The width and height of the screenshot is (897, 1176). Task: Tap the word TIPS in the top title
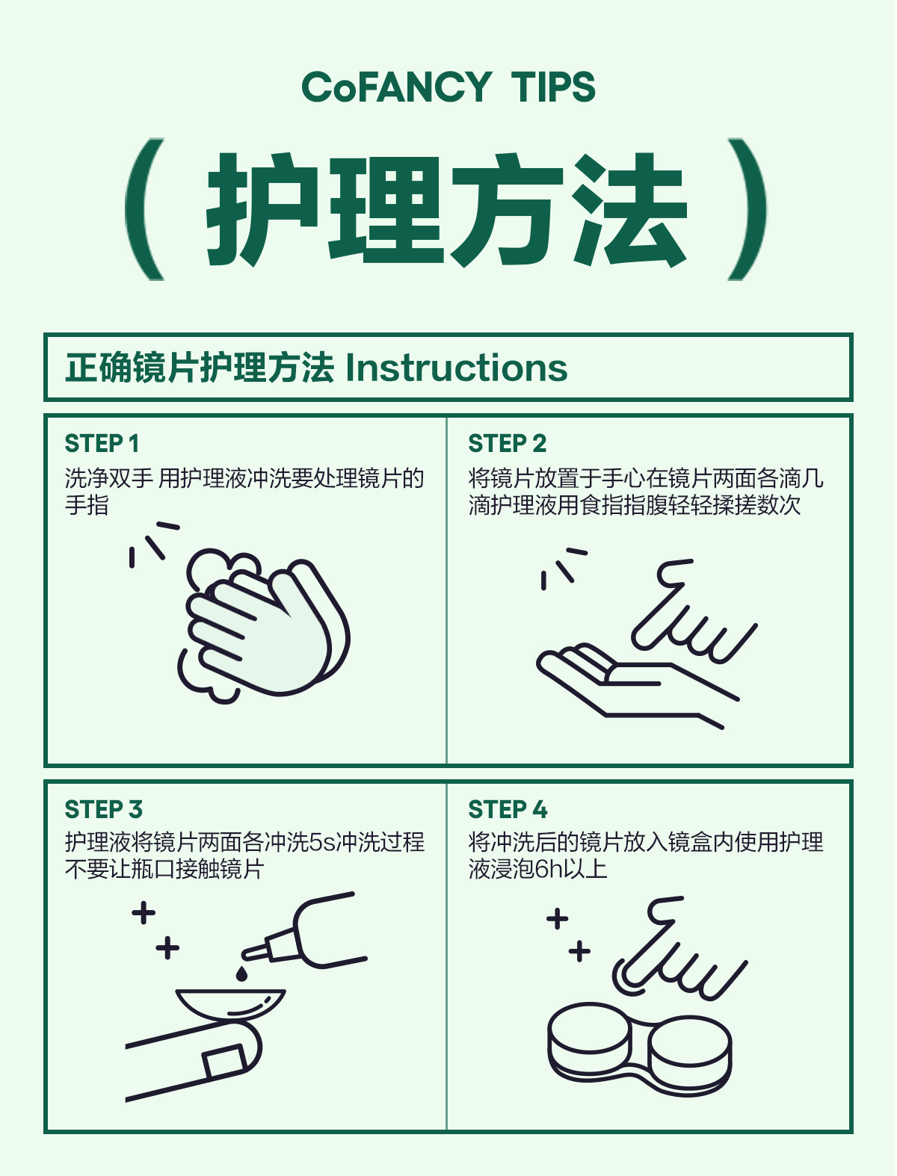553,87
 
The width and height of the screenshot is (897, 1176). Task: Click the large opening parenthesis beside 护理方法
144,209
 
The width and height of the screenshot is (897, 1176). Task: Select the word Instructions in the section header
457,368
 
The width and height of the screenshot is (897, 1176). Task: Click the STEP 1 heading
102,444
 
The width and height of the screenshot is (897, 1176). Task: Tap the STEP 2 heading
508,444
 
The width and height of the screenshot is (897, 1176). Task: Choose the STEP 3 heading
103,810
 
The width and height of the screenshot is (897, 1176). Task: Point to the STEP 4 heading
508,810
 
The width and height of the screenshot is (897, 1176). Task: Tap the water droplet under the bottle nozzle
241,974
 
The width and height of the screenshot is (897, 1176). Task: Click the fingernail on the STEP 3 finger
224,1062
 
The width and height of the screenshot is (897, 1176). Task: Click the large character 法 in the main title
629,209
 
